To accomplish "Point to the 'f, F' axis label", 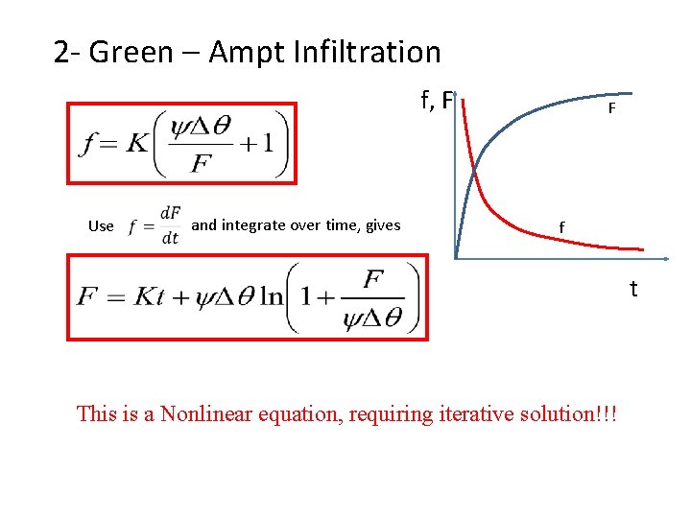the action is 436,99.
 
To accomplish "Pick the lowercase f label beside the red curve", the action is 563,226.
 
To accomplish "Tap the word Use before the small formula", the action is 101,226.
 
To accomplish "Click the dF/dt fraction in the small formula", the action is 170,225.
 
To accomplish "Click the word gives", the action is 382,225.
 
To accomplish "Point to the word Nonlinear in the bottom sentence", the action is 207,414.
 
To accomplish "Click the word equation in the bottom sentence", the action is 297,414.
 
